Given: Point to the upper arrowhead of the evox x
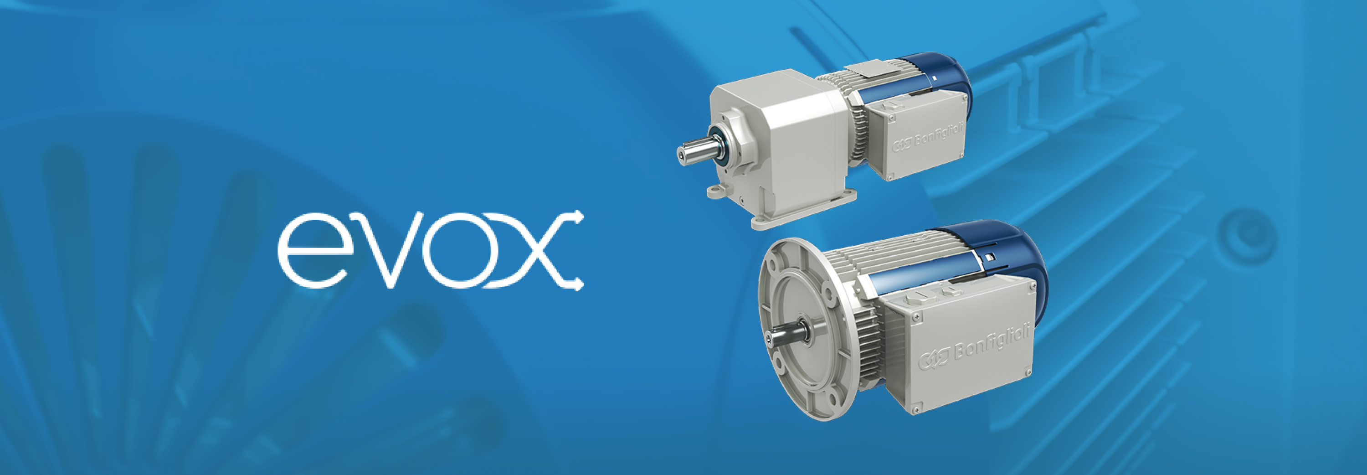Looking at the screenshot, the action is (x=578, y=217).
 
